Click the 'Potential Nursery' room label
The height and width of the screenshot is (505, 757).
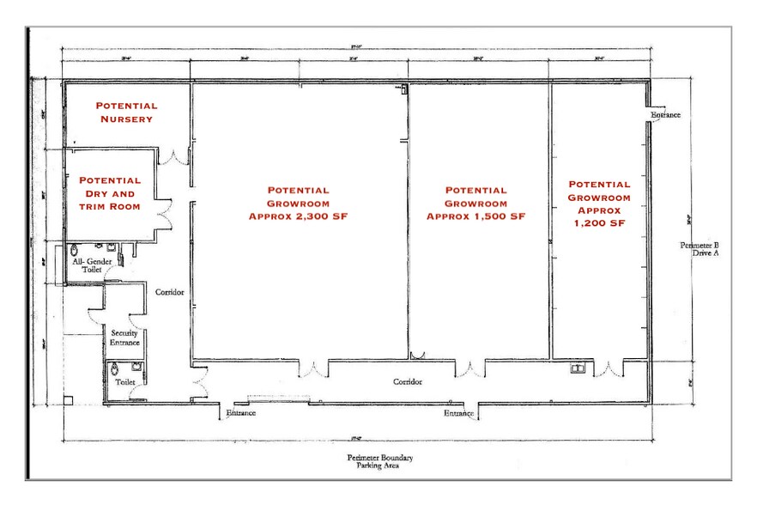tap(126, 112)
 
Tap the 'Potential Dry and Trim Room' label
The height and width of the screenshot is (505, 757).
tap(110, 193)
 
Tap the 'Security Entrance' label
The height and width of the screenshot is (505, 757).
tap(124, 338)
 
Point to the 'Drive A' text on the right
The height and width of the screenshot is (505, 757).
tap(705, 253)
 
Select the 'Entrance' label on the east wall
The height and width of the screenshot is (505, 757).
tap(665, 114)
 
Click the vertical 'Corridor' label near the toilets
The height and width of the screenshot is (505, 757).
tap(170, 292)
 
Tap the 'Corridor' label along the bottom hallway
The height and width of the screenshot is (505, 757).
tap(409, 381)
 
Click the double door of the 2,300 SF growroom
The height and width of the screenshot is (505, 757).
tap(312, 369)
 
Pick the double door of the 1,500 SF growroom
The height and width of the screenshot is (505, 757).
tap(470, 369)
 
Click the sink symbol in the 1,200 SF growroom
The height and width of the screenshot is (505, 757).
tap(579, 369)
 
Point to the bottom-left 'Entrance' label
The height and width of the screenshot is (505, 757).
tap(241, 413)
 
